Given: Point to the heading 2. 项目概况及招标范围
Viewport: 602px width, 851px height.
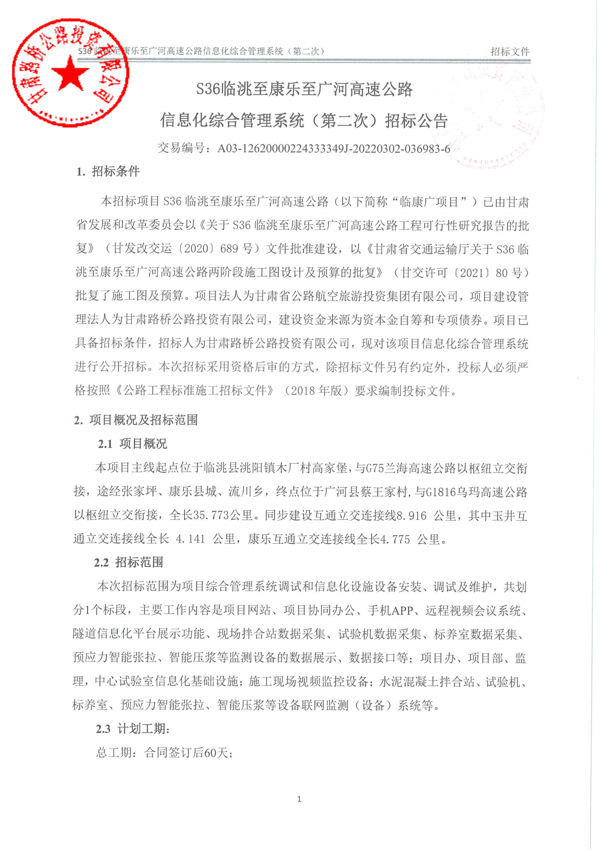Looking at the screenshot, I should tap(136, 420).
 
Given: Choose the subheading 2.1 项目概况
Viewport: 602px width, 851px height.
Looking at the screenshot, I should tap(132, 444).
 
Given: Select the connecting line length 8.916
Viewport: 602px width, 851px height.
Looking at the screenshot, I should tap(411, 516).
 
